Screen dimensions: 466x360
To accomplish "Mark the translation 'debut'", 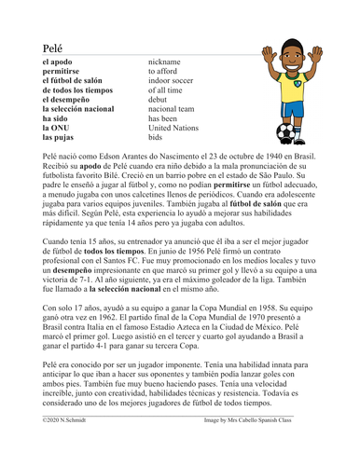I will (x=162, y=107).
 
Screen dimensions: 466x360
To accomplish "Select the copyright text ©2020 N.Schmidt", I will (x=59, y=448).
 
